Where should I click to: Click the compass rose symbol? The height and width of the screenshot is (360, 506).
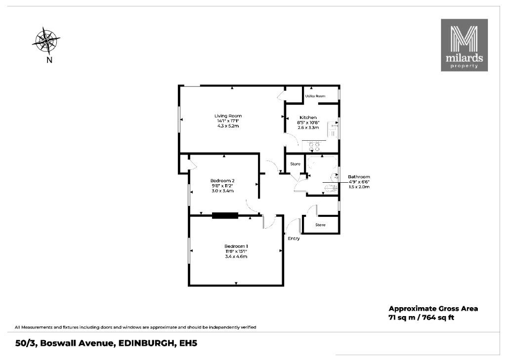pos(46,41)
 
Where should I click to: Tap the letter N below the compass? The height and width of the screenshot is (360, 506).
pos(49,60)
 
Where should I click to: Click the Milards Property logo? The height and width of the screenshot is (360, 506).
pos(464,45)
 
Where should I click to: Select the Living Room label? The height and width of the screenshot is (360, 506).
pos(228,116)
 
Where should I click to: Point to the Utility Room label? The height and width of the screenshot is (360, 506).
pos(315,96)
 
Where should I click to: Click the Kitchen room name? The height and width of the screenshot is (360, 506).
pos(308,118)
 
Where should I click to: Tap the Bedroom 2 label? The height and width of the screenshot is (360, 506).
pos(222,180)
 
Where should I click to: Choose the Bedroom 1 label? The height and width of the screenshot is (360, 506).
pos(236,246)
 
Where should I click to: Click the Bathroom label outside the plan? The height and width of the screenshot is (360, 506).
pos(359,177)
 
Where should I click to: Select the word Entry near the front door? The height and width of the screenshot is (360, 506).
pos(294,239)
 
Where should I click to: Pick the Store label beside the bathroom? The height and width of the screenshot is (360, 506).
pos(295,164)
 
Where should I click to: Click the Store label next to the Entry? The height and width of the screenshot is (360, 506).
pos(320,225)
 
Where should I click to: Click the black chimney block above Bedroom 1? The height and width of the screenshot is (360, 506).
pos(225,215)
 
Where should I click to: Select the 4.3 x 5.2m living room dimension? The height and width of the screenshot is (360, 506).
pos(228,126)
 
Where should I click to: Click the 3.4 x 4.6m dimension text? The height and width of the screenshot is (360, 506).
pos(236,256)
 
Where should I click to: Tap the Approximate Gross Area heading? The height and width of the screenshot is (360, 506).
pos(433,308)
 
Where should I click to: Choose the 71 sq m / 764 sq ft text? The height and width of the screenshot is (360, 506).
pos(421,318)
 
